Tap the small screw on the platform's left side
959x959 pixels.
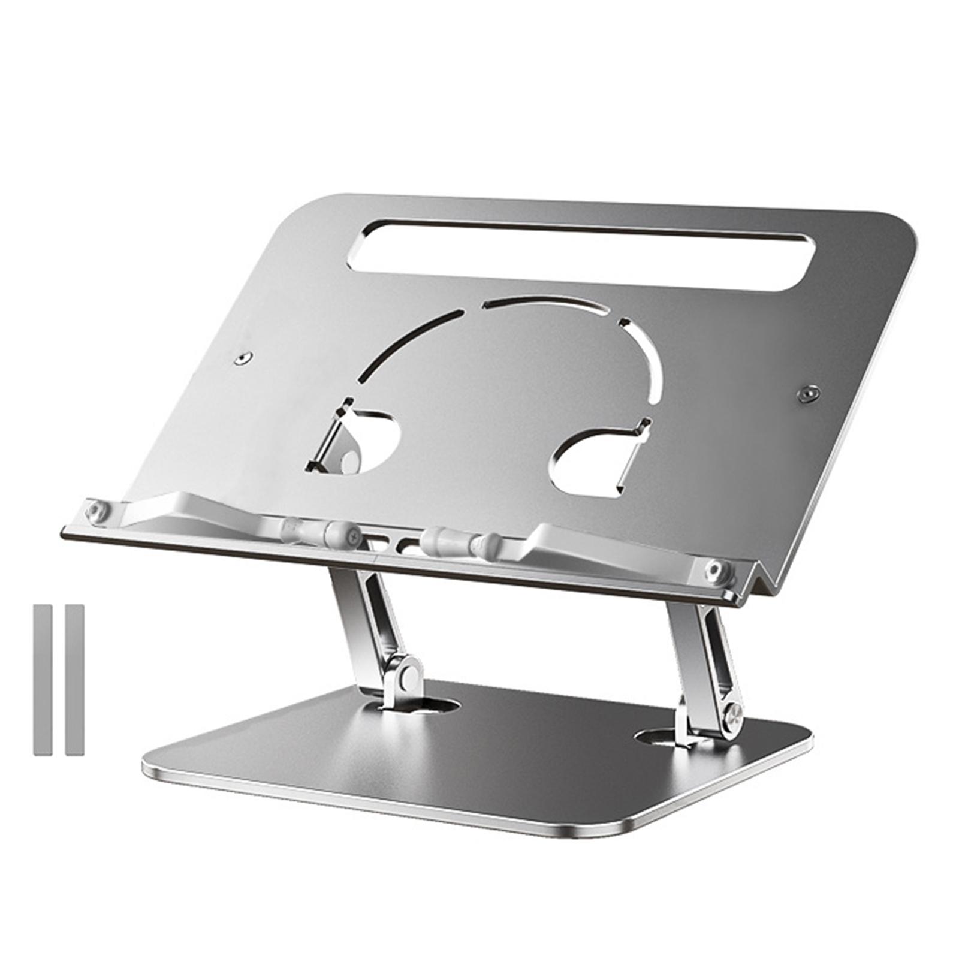click(x=242, y=358)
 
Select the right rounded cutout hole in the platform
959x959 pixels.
click(x=590, y=465)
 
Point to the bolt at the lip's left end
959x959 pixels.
click(x=96, y=511)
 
